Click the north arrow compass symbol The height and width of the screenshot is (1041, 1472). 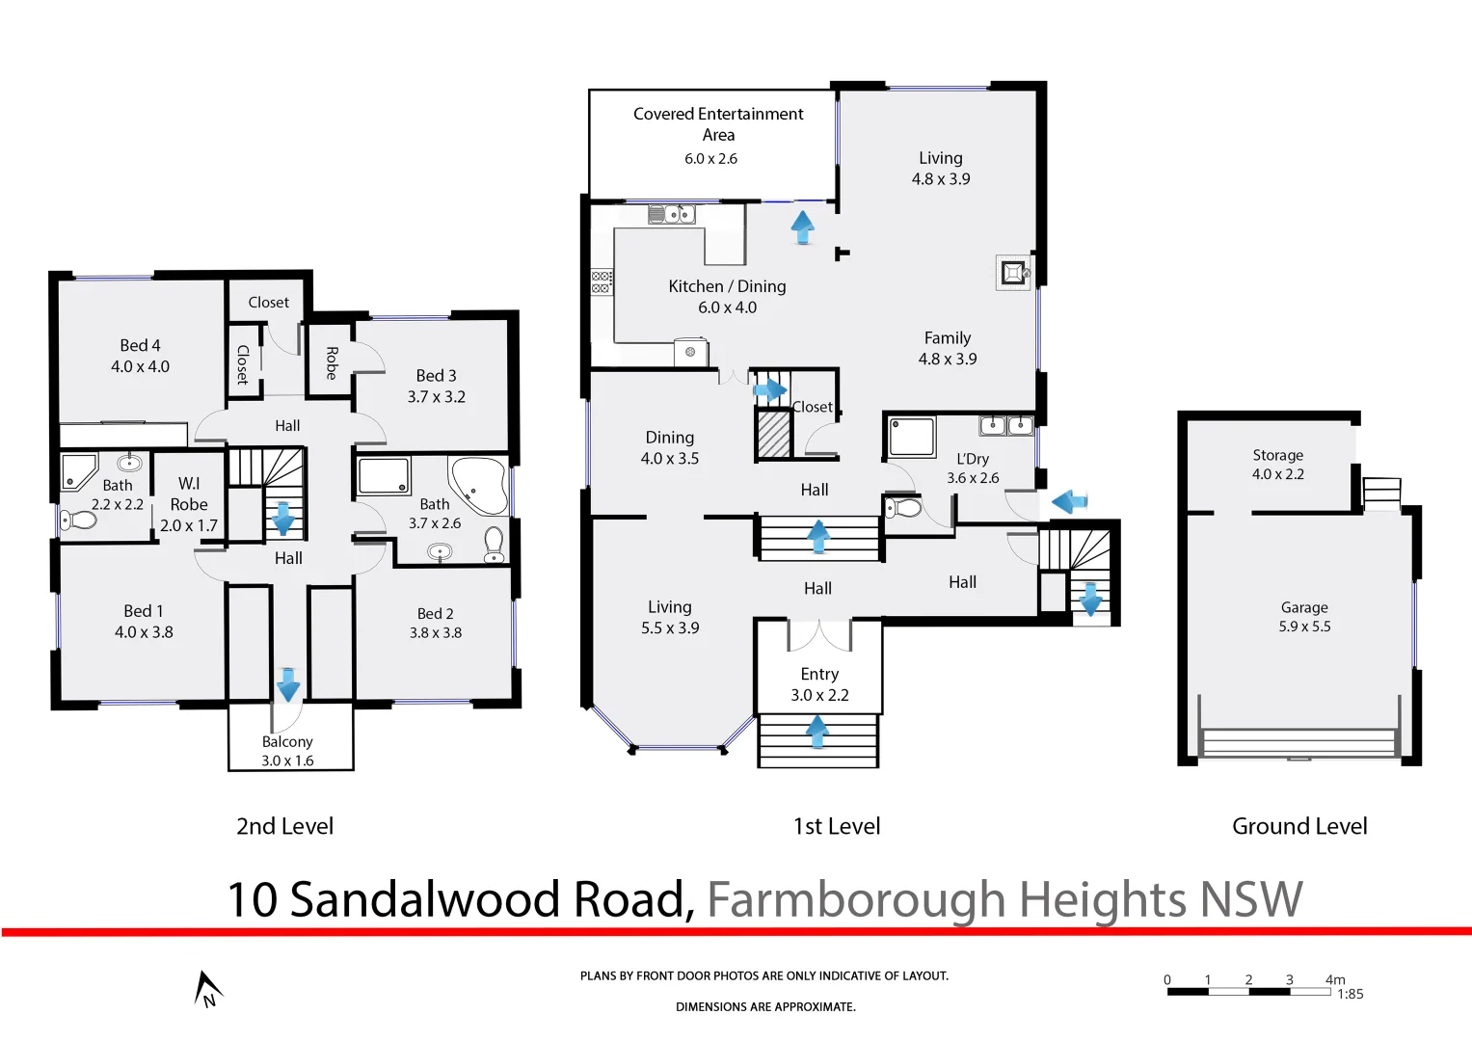coord(207,989)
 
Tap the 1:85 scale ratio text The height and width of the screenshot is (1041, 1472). coord(1350,994)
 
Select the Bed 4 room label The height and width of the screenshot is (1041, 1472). coord(140,345)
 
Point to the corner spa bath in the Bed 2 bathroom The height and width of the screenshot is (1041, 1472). coord(479,484)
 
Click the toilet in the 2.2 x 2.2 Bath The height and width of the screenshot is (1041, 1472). coord(79,520)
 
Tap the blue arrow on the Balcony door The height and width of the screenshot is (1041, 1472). coord(287,684)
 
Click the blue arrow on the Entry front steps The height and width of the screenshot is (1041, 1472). coord(817,731)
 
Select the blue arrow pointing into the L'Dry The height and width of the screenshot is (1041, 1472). coord(1069,501)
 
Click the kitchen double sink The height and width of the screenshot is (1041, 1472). coord(672,214)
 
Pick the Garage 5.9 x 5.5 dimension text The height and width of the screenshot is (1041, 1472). coord(1304,627)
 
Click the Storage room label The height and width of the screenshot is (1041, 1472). coord(1277,455)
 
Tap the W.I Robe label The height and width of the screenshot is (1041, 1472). coord(189,494)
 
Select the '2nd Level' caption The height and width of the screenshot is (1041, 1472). coord(285,826)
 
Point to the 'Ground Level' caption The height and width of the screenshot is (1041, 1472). coord(1299,826)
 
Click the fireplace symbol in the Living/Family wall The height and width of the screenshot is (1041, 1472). coord(1012,273)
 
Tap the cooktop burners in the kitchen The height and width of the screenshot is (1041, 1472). coord(602,281)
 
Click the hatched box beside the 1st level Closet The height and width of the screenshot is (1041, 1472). coord(773,434)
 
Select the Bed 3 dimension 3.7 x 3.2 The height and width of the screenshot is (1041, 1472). coord(436,397)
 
